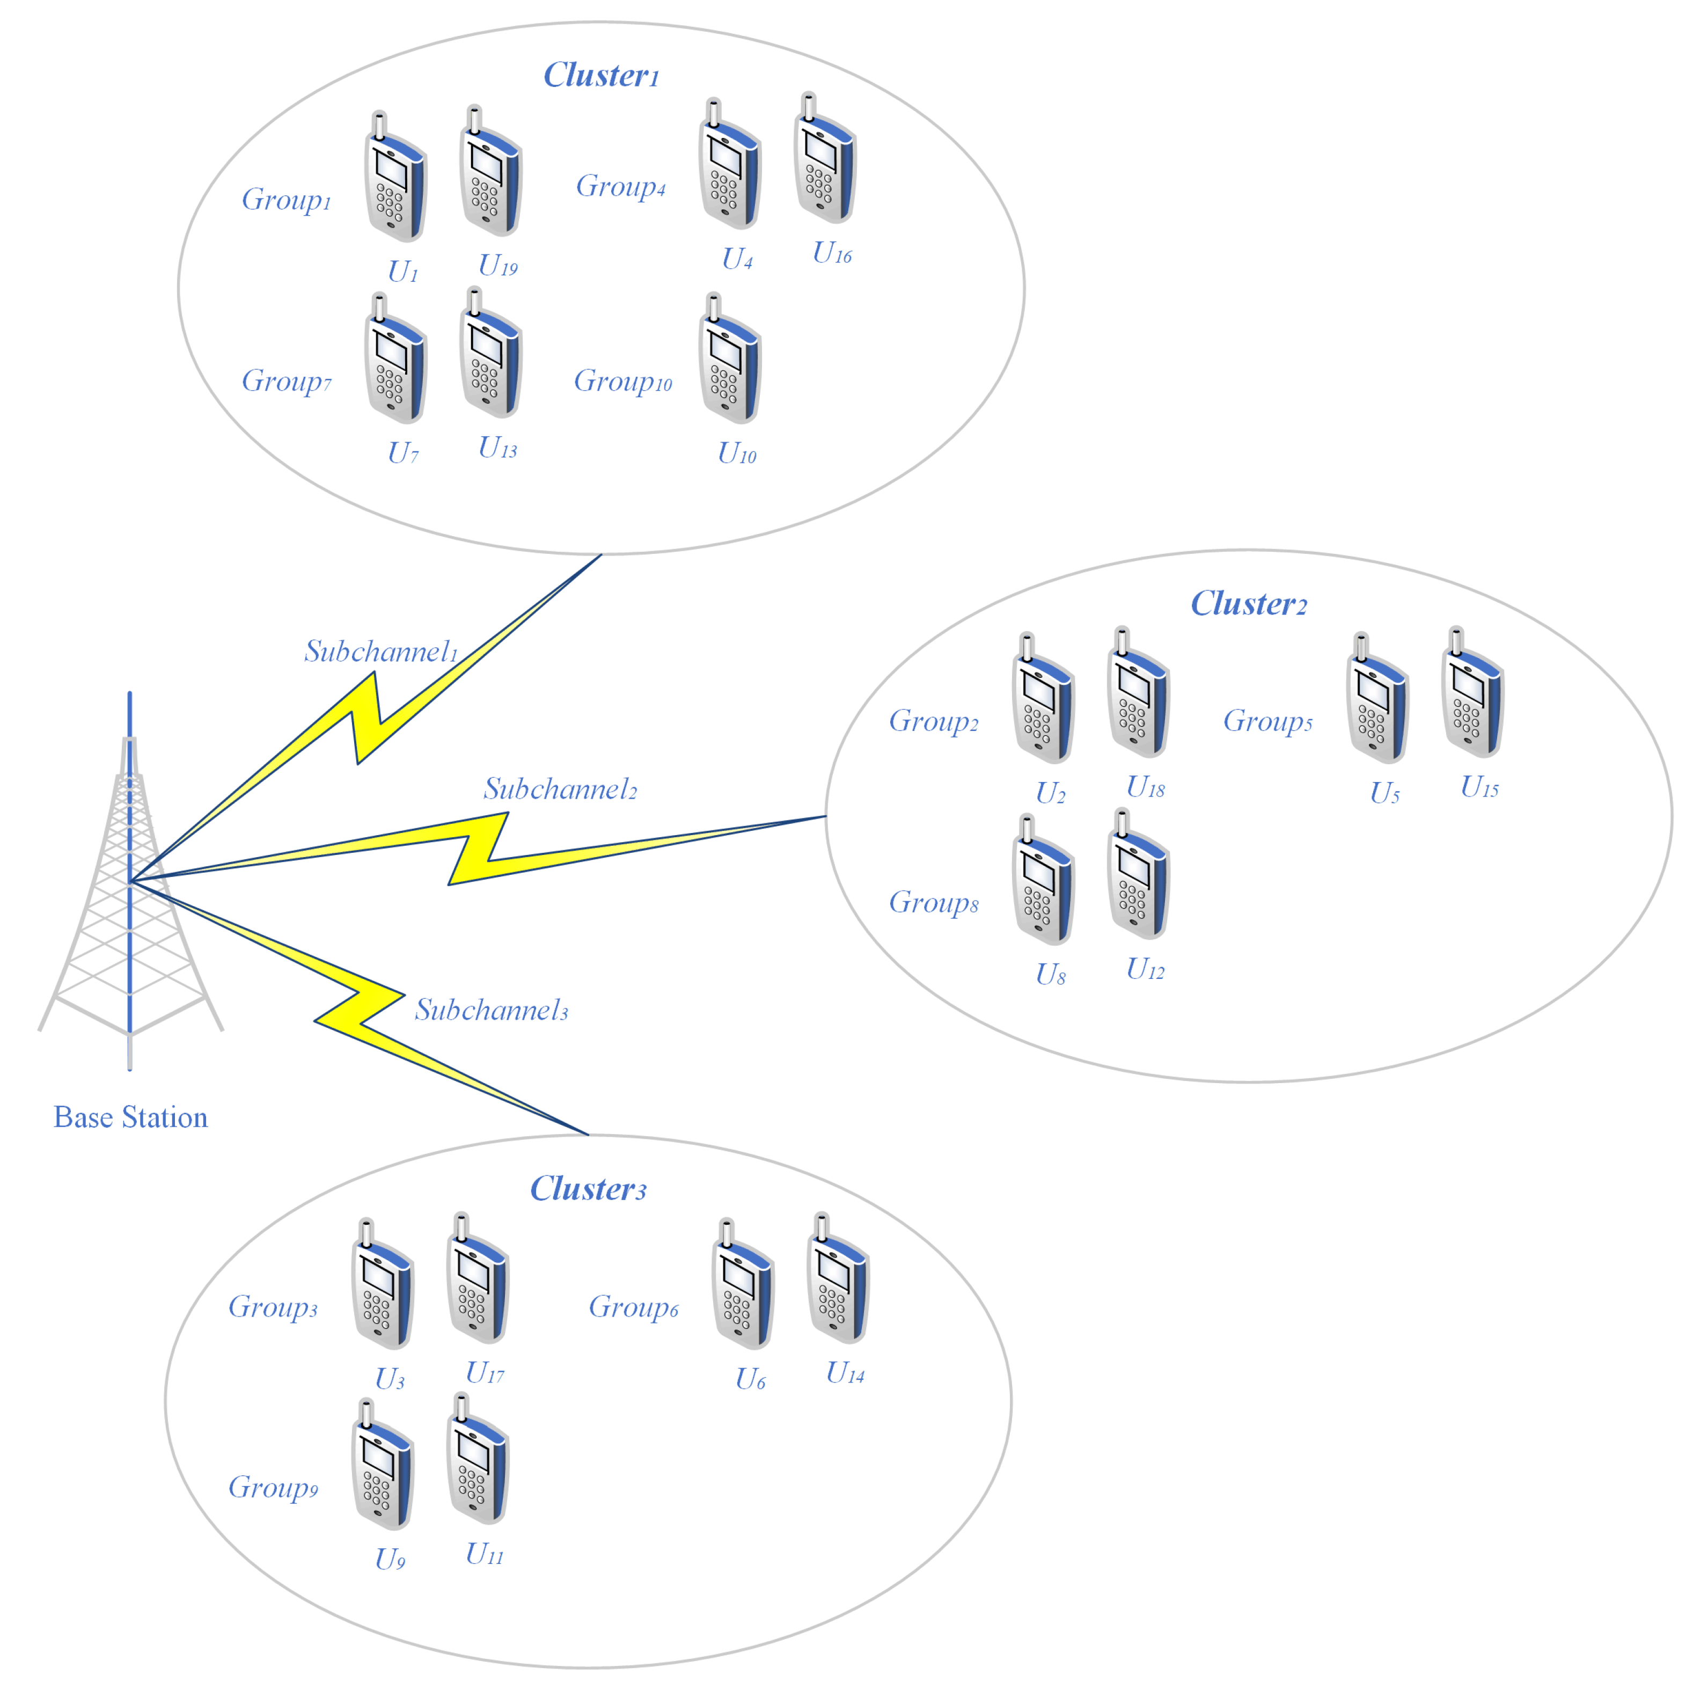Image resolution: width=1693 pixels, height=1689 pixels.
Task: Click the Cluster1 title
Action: coord(600,75)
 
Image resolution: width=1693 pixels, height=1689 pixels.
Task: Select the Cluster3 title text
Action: coord(588,1188)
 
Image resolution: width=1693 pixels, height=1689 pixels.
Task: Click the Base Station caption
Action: coord(130,1117)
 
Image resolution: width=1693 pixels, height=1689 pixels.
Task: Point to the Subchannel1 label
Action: coord(381,651)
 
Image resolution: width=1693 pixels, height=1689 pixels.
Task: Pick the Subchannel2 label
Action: coord(560,789)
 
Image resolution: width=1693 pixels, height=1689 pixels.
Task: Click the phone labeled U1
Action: coord(395,180)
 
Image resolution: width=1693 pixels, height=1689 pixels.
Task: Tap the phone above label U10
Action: coord(730,362)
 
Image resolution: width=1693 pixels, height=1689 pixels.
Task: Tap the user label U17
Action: coord(485,1372)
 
